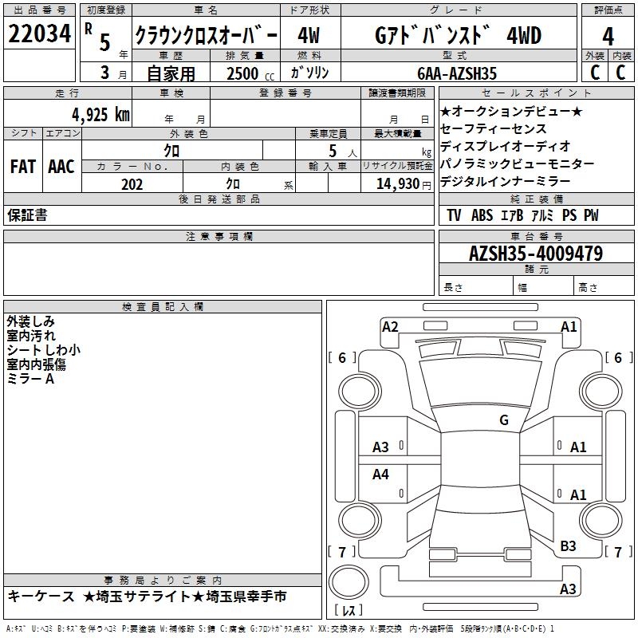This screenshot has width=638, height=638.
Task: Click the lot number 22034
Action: (x=39, y=34)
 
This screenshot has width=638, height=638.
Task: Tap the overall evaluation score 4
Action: (x=608, y=37)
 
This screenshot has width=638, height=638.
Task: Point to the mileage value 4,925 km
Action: (x=100, y=114)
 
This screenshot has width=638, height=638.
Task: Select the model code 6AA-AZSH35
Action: (x=458, y=73)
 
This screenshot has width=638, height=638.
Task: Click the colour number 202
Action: (x=132, y=184)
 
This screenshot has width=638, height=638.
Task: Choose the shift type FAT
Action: (x=23, y=167)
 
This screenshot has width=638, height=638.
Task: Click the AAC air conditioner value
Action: (x=61, y=167)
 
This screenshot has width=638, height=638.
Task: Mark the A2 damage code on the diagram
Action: (x=390, y=326)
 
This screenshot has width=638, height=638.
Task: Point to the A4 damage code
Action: (x=381, y=475)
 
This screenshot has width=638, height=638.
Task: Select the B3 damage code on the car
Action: (x=568, y=545)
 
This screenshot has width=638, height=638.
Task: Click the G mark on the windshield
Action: (x=503, y=420)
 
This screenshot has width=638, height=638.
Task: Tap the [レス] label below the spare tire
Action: (x=349, y=612)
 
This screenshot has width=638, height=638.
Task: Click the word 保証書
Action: (x=27, y=215)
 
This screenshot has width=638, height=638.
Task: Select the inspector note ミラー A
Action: (x=30, y=379)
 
